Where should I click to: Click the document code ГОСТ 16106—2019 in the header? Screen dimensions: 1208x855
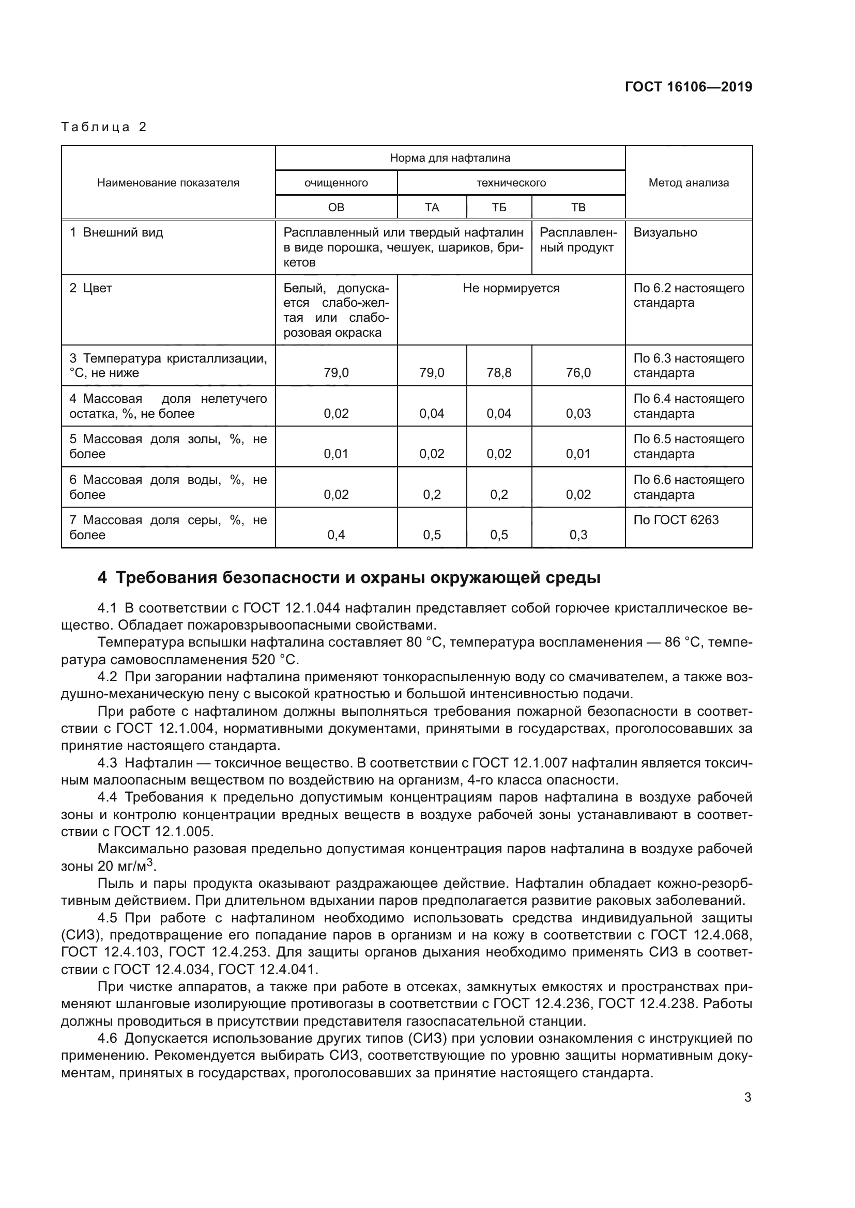688,87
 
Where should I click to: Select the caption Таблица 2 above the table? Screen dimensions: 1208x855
104,127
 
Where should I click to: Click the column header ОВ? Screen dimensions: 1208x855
336,207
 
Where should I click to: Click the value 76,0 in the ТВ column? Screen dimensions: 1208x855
578,373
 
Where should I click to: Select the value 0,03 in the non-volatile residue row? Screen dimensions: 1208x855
578,414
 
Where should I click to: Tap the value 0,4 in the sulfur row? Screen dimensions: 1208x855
336,535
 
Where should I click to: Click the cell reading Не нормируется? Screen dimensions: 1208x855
511,288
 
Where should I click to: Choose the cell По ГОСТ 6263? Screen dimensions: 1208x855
676,520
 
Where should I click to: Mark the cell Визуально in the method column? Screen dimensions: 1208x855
665,232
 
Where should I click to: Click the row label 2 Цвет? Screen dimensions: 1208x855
90,288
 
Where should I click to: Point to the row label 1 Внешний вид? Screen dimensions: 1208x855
116,232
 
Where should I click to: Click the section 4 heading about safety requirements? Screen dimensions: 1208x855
348,578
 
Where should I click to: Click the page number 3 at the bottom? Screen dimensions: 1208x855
747,1097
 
